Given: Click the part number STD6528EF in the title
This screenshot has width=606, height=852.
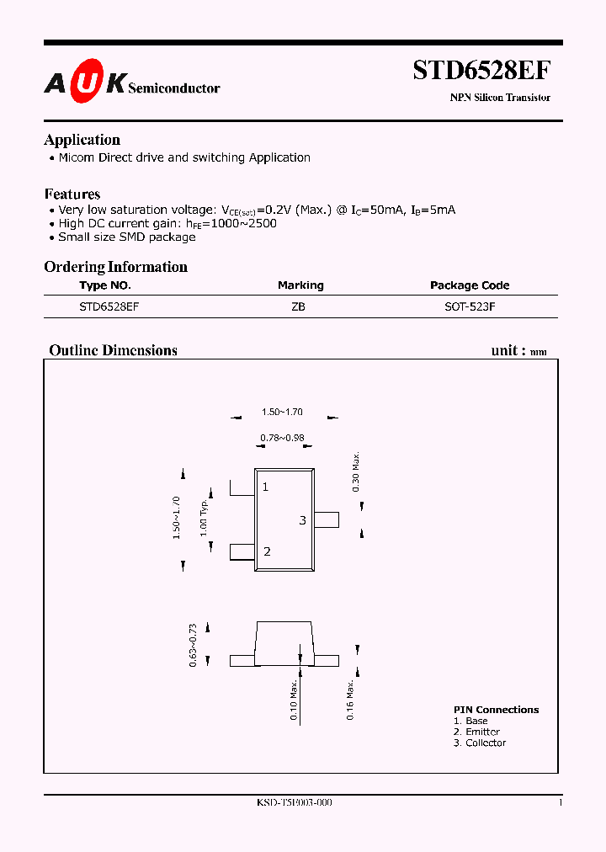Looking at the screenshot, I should point(481,70).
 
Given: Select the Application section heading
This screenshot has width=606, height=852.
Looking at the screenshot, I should point(82,140).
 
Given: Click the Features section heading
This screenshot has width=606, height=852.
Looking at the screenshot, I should point(72,194).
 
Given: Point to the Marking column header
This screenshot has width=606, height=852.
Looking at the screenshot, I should point(300,285).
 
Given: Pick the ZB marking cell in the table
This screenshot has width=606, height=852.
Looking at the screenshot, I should point(298,307).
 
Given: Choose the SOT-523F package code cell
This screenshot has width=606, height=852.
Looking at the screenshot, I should point(470,307).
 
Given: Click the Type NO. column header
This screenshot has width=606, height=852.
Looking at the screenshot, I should point(105,285).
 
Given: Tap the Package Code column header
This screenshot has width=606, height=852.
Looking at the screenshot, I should point(470,285).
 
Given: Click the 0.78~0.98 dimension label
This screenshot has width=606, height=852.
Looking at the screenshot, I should point(282,438).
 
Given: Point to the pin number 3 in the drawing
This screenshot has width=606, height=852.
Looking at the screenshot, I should point(302,520).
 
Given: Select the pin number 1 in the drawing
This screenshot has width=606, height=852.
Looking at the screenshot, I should point(265,487).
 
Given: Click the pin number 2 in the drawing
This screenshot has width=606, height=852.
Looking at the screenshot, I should point(267,551).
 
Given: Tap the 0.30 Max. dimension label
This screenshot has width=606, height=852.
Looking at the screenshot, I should point(356,472).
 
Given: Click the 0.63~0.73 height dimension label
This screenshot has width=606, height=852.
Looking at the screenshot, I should point(193,646).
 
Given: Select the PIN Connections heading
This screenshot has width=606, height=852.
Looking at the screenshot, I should point(496,710).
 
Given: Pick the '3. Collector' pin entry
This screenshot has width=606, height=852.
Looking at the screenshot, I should point(480,743).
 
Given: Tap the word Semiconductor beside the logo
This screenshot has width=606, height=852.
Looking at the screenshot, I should point(174,88).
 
